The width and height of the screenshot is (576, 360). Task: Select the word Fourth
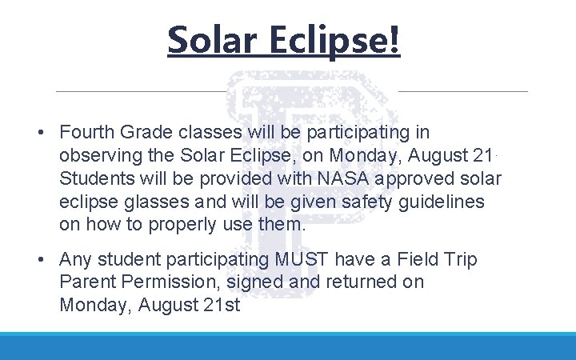click(87, 132)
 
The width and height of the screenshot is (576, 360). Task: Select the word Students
click(94, 178)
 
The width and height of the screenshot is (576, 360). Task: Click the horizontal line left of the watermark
click(140, 91)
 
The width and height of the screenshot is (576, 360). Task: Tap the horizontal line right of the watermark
click(462, 91)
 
